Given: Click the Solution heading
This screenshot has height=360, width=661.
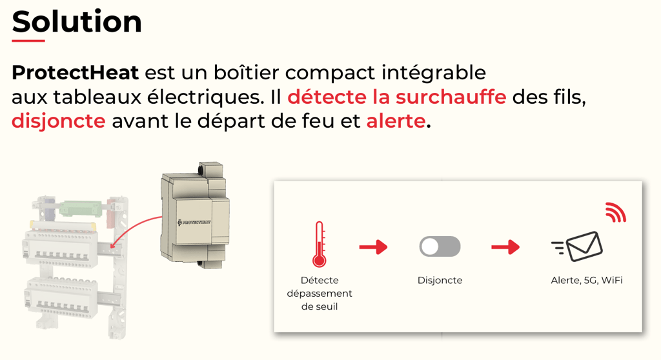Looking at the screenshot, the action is [77, 21].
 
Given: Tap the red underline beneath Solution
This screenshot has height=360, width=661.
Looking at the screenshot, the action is [28, 41].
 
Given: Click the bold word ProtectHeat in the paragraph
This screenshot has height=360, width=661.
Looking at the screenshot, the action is [75, 72].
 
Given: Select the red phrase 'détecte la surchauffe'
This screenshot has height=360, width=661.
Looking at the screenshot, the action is [397, 97].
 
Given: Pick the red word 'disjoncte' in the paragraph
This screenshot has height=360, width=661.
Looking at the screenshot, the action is [59, 121].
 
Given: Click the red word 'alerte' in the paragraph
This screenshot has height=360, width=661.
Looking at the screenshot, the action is [396, 121].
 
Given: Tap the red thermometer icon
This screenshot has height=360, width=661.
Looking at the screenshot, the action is [319, 244].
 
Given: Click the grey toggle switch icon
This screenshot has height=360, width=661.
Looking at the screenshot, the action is [440, 246].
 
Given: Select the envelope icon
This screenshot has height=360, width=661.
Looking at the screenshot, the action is [578, 246].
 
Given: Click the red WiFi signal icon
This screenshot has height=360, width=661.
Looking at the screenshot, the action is [616, 212].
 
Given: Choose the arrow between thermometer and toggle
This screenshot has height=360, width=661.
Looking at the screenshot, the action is [374, 247].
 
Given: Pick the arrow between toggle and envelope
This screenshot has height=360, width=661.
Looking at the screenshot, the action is [505, 247].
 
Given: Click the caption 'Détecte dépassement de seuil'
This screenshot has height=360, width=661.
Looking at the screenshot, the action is [320, 294].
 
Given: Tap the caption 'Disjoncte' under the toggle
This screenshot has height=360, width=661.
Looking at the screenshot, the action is [440, 281].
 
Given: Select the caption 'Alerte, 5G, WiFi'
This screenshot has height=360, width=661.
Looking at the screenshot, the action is [587, 281].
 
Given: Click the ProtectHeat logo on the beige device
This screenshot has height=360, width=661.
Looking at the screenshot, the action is [194, 222].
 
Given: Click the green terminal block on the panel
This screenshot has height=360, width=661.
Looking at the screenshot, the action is [81, 208].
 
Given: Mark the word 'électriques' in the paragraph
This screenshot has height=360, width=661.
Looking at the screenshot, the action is [205, 97].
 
